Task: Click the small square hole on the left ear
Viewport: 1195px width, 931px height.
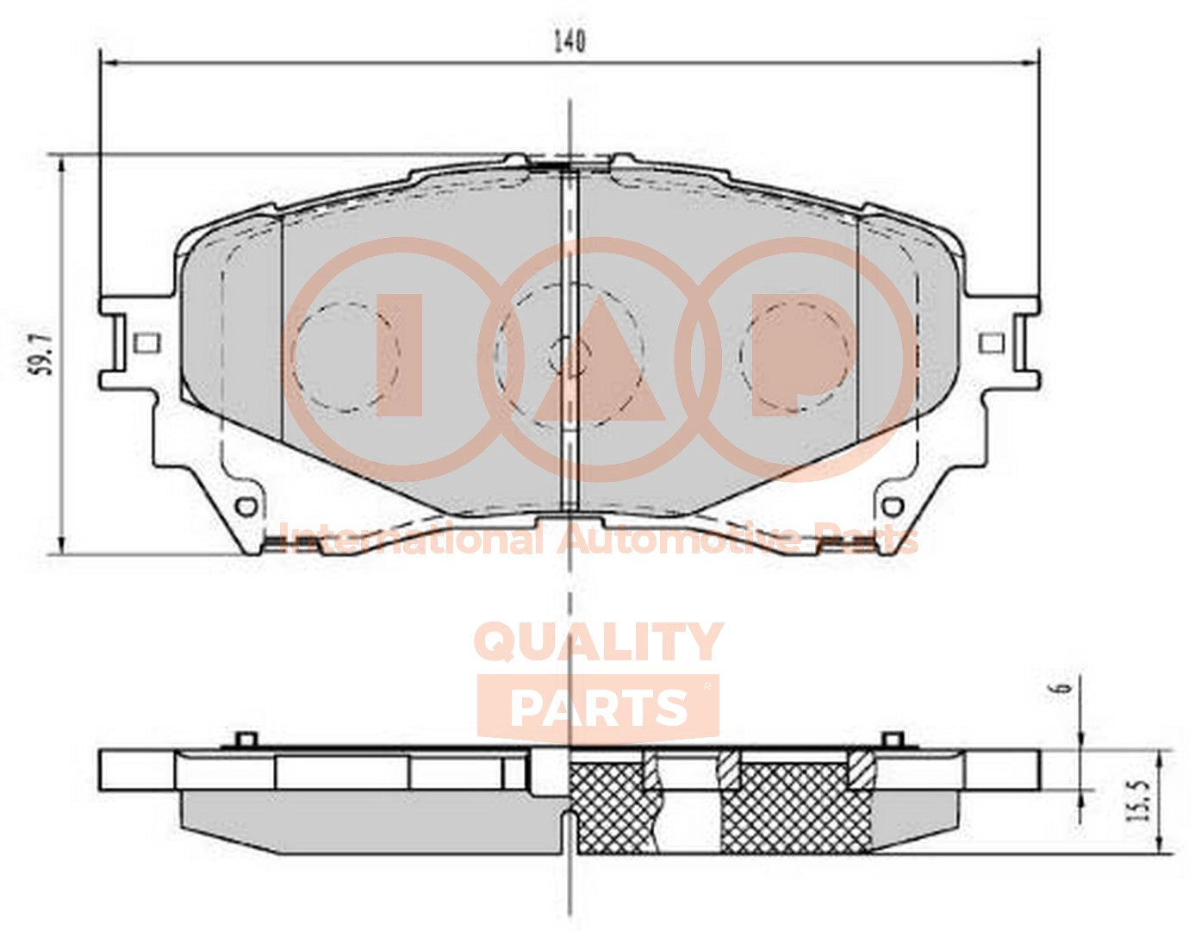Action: tap(146, 345)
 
